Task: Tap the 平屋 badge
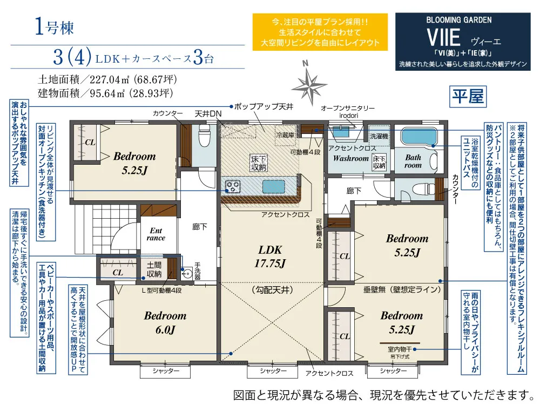(468, 97)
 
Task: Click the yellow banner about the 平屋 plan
(320, 32)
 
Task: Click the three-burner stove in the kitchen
(233, 187)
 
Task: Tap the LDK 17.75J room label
(272, 256)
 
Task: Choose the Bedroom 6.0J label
(165, 322)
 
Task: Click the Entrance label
(156, 234)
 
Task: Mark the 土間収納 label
(154, 269)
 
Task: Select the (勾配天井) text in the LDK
(272, 290)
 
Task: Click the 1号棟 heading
(53, 28)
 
